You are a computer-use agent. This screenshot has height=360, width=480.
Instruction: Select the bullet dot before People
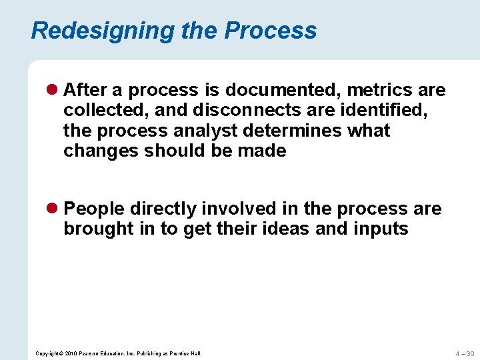(x=53, y=209)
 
